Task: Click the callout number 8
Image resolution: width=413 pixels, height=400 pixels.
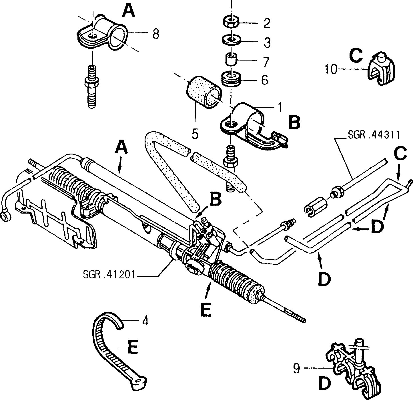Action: tap(156, 34)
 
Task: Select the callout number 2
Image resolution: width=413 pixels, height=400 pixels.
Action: tap(267, 23)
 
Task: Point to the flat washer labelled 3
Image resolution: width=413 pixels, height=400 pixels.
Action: tap(232, 40)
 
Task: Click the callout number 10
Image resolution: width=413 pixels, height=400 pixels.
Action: tap(331, 69)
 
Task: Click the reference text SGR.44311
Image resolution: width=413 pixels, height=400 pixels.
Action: tap(374, 135)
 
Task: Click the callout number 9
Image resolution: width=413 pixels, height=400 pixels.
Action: tap(296, 368)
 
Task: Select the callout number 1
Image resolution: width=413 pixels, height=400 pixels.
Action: tap(280, 107)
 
